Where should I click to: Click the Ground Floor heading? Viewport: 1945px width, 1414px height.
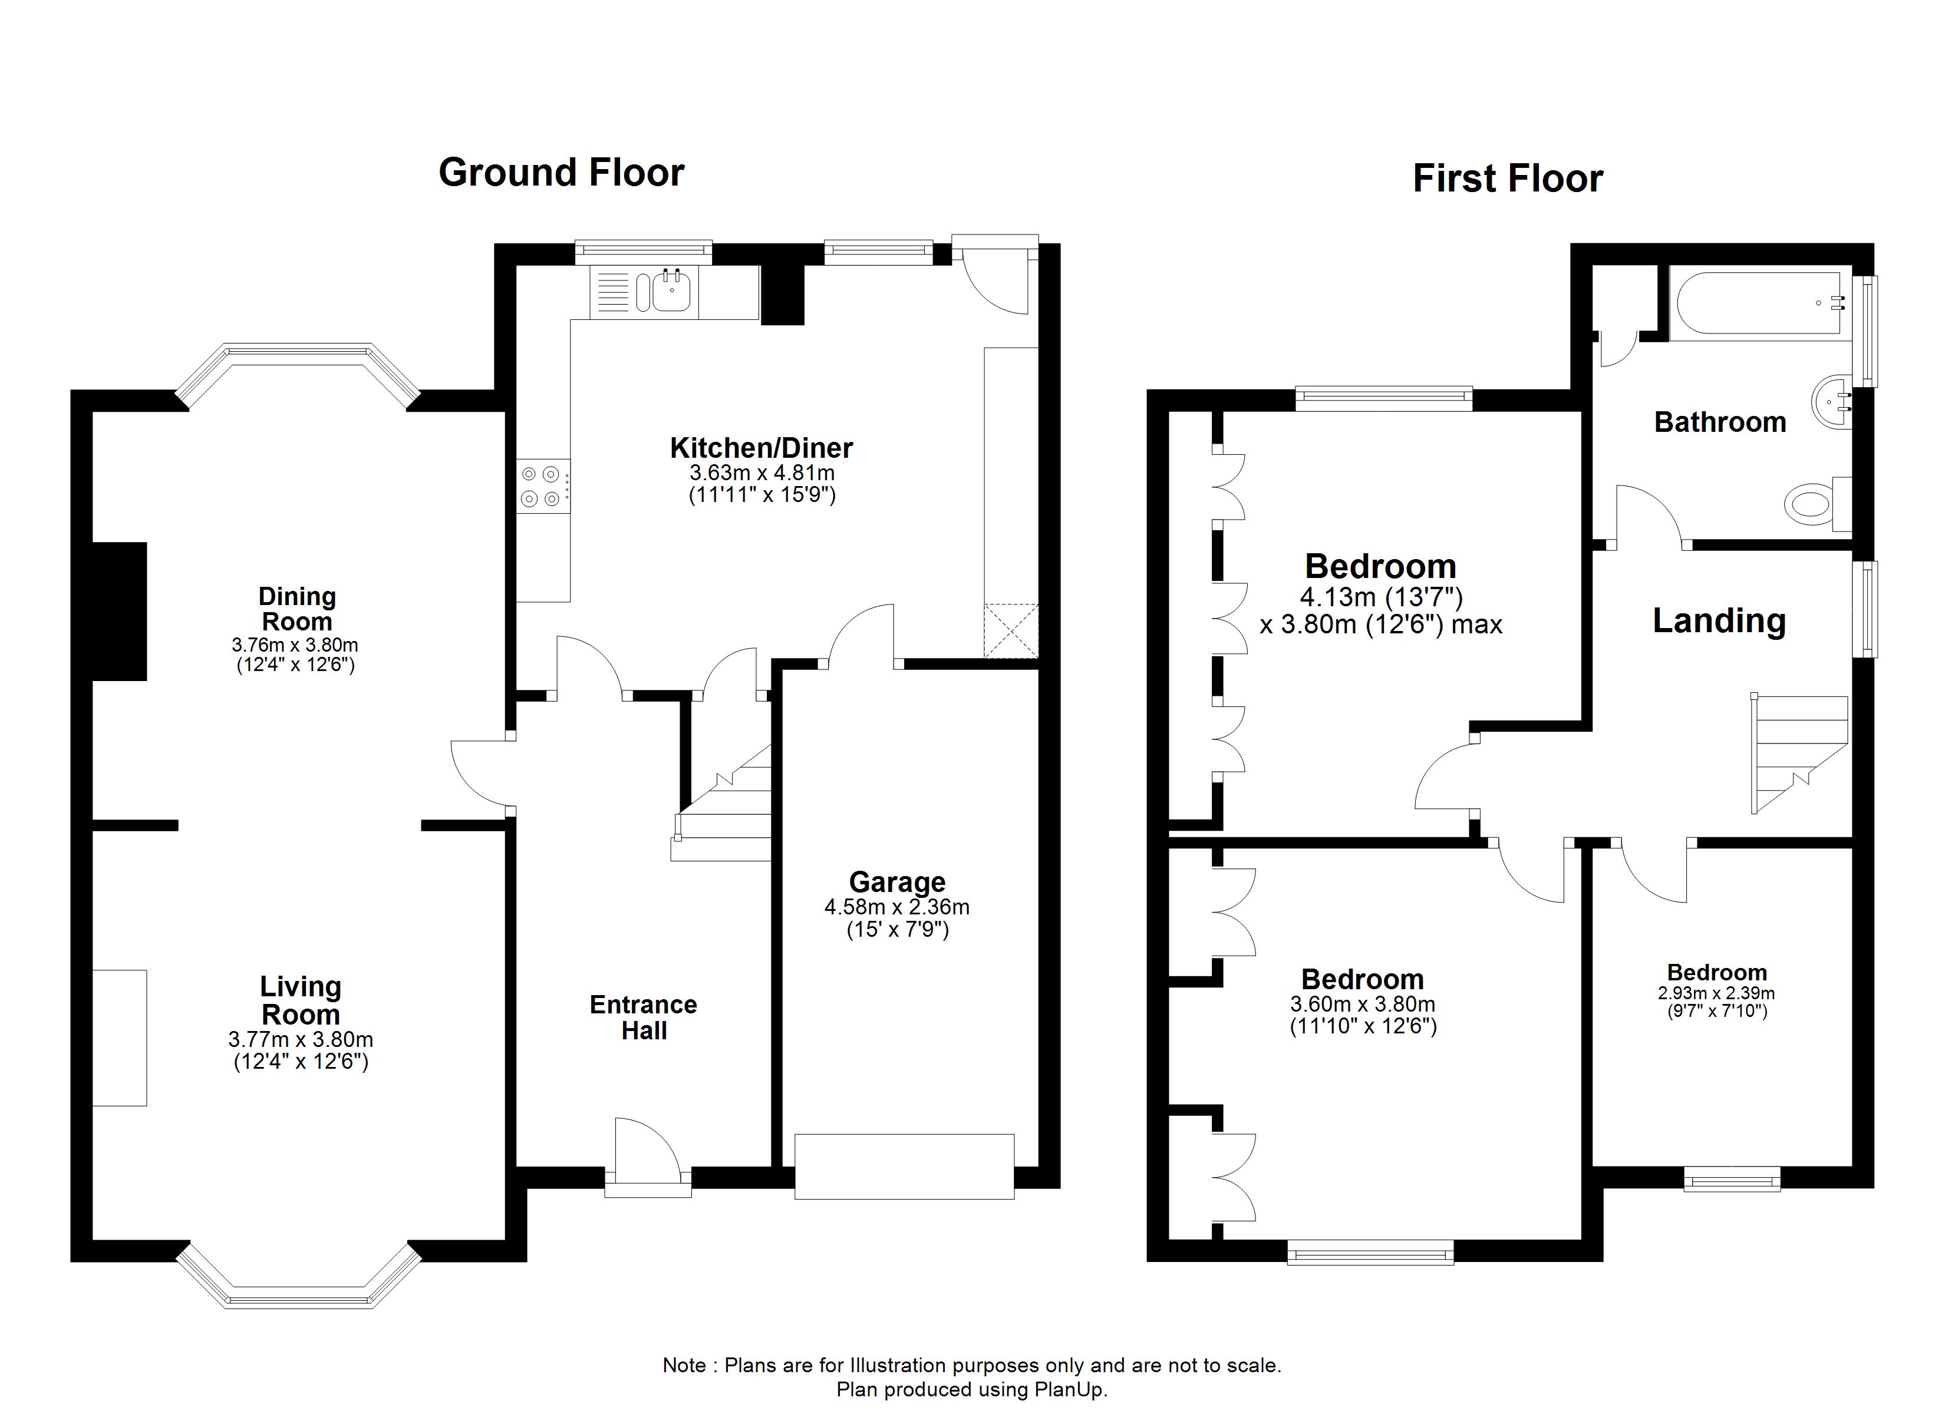(561, 173)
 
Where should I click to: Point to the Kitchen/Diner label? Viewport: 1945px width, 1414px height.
(761, 448)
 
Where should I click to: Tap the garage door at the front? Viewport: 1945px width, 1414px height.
(904, 1166)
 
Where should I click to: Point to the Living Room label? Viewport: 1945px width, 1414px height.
(300, 1000)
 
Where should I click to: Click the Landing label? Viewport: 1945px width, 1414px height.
(1719, 620)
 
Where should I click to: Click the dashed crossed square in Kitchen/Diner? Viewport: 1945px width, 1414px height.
(1010, 630)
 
